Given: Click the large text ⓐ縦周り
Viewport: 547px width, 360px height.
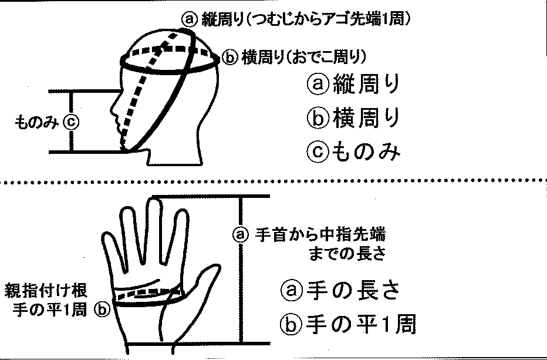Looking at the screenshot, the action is tap(353, 85).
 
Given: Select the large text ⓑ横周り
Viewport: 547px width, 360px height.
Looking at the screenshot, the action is tap(353, 119).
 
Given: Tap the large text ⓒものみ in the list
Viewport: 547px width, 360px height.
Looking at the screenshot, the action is tap(353, 152).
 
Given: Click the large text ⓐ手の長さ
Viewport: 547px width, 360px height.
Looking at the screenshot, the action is tap(340, 291).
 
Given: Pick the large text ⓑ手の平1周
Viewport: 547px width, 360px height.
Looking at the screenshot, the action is tap(348, 325).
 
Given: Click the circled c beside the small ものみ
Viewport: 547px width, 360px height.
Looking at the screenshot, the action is tap(71, 122).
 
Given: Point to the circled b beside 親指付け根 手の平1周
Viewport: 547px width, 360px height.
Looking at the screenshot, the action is tap(102, 309).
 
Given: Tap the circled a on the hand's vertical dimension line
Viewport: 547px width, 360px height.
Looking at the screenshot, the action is tap(241, 235).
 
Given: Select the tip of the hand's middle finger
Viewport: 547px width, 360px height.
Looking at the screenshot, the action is tap(154, 200).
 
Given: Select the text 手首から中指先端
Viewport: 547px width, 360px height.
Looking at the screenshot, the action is tap(320, 235).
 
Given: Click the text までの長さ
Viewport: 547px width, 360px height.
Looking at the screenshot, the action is tap(347, 254).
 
